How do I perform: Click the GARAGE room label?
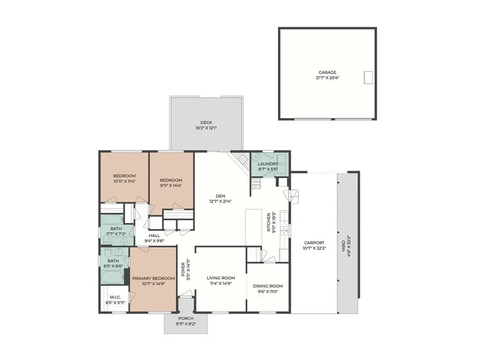point(327,72)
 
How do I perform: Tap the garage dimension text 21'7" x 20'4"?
point(327,78)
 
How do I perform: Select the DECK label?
point(206,123)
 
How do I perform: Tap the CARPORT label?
point(314,243)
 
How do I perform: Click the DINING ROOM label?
point(268,286)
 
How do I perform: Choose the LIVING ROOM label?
point(221,278)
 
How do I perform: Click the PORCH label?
point(185,318)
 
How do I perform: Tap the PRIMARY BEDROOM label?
point(154,278)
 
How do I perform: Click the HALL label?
point(155,235)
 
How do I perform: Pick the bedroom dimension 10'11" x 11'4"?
point(124,181)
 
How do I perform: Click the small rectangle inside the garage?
point(368,77)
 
